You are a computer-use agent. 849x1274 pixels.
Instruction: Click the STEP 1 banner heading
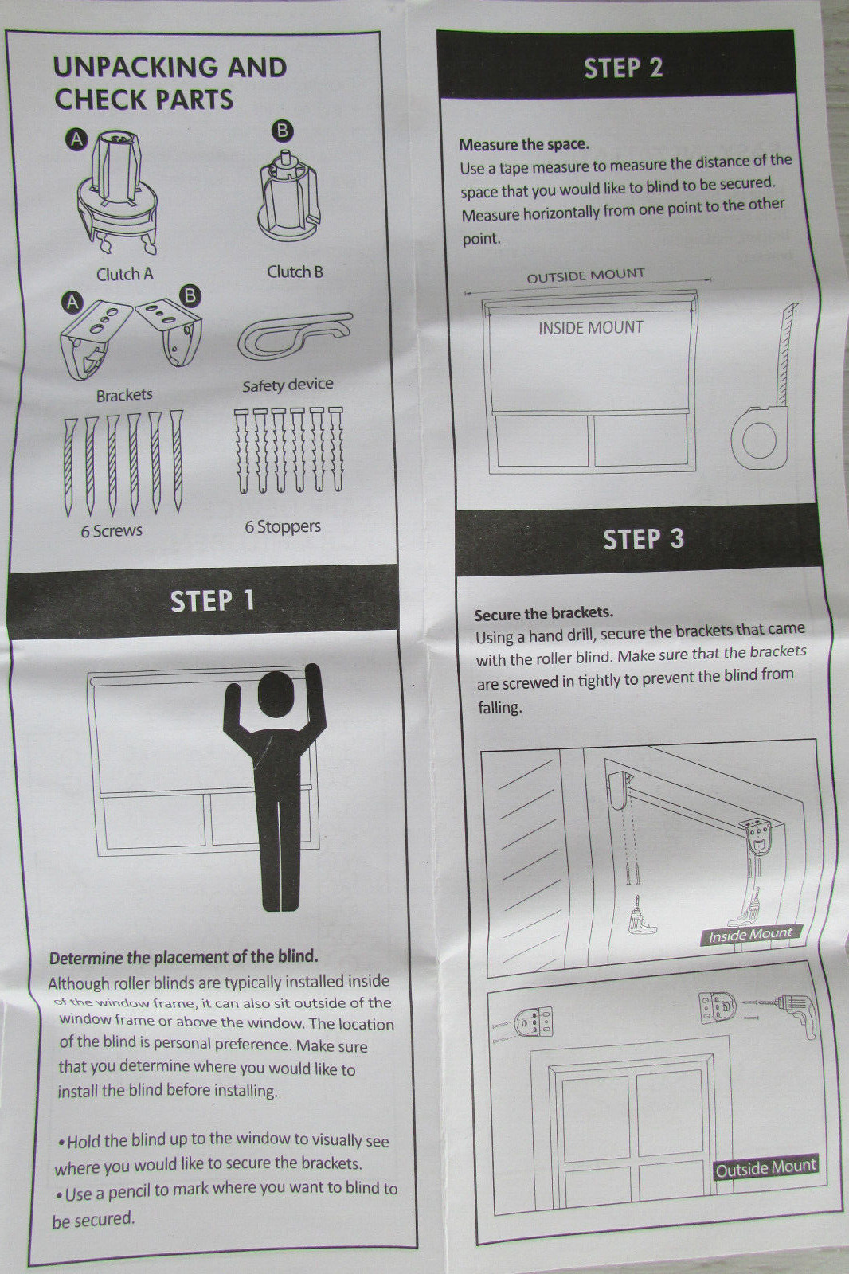click(x=212, y=601)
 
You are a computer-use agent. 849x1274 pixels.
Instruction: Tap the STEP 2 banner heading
click(x=623, y=68)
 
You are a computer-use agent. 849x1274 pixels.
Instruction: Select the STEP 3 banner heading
click(x=643, y=538)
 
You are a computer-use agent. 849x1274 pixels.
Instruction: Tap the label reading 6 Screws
click(x=112, y=530)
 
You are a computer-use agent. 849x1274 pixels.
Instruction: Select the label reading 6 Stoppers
click(x=283, y=526)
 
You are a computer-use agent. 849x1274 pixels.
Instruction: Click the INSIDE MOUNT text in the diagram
click(x=591, y=327)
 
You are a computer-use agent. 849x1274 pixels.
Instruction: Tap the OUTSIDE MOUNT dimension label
click(x=585, y=276)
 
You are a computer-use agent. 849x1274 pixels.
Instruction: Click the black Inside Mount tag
click(x=750, y=935)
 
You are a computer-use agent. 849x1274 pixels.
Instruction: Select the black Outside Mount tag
click(x=766, y=1168)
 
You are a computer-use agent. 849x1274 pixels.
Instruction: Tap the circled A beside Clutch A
click(x=77, y=140)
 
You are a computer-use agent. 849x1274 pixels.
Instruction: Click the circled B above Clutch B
click(x=282, y=131)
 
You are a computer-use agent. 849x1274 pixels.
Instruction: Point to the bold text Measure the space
click(x=524, y=144)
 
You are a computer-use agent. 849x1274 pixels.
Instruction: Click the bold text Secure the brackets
click(x=543, y=614)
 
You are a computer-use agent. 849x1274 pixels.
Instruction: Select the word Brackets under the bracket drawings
click(x=124, y=395)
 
